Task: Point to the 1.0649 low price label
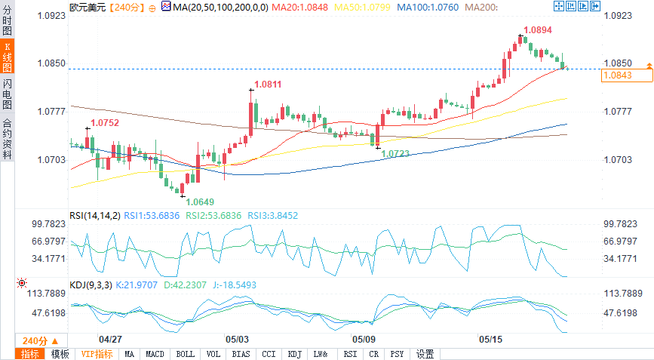click(x=200, y=202)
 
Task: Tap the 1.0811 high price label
click(x=268, y=85)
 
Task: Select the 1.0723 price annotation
click(x=397, y=153)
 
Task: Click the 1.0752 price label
click(x=105, y=122)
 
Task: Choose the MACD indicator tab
click(x=155, y=354)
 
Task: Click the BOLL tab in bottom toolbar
click(x=185, y=354)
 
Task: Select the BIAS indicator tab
click(x=241, y=354)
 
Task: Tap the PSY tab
click(x=398, y=354)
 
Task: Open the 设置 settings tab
click(x=425, y=354)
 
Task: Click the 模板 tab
click(x=60, y=354)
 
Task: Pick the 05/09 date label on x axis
click(x=364, y=340)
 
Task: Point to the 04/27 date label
click(x=110, y=340)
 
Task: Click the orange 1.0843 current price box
click(x=617, y=75)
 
